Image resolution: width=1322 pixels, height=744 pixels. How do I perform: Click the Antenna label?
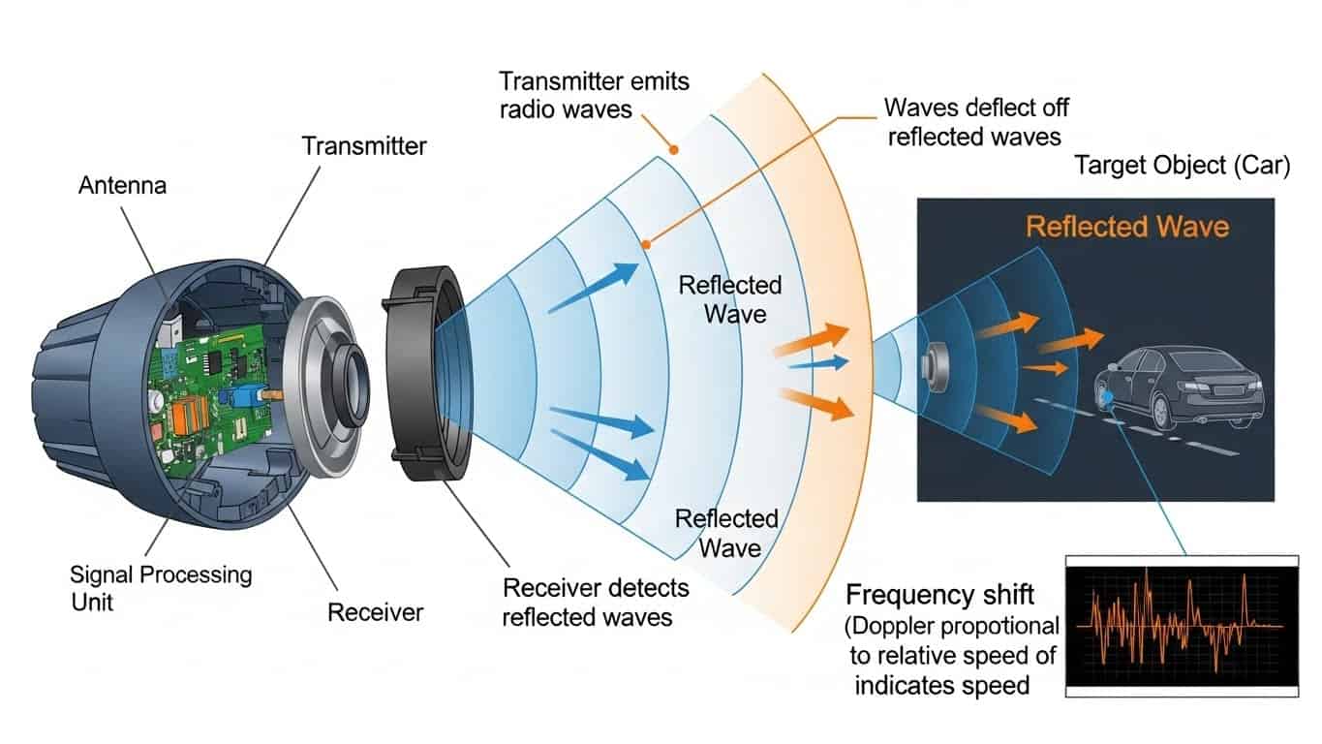(x=121, y=184)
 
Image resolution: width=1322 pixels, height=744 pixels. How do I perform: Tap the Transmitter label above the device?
(x=363, y=146)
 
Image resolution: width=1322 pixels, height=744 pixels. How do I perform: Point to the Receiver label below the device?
(x=375, y=612)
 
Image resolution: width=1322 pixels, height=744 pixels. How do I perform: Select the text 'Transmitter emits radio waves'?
(x=594, y=94)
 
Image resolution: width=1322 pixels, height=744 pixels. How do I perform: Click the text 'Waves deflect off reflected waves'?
(x=975, y=120)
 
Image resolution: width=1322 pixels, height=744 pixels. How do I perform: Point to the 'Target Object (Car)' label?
(x=1182, y=166)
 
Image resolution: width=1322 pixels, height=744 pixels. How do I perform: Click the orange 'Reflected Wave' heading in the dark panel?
(x=1126, y=227)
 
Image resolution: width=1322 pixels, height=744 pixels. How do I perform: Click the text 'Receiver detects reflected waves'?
(x=595, y=602)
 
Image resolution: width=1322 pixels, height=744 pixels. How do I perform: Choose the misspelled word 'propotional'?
(x=1007, y=625)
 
